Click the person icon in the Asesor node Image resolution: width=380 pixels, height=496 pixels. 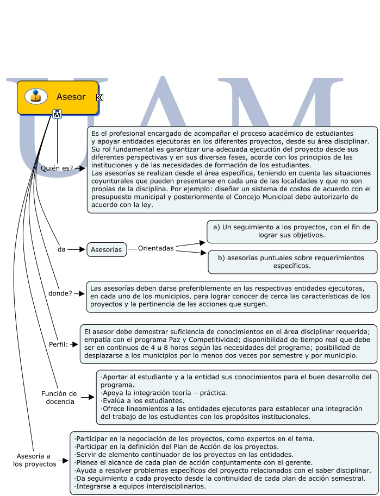pyautogui.click(x=36, y=96)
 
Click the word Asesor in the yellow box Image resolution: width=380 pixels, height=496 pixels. pyautogui.click(x=71, y=97)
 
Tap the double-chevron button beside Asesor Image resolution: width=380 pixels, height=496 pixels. pyautogui.click(x=100, y=97)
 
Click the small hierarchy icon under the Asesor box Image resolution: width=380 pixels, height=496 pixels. pyautogui.click(x=57, y=113)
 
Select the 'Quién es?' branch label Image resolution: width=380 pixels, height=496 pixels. pyautogui.click(x=57, y=168)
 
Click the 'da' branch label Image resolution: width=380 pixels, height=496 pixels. pyautogui.click(x=61, y=249)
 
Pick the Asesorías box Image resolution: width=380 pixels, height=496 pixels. pyautogui.click(x=107, y=249)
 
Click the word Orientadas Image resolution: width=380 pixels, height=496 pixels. pyautogui.click(x=155, y=248)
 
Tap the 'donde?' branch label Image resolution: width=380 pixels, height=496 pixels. pyautogui.click(x=60, y=293)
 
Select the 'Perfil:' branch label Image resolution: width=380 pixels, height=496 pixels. pyautogui.click(x=58, y=344)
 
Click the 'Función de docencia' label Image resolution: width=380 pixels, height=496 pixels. pyautogui.click(x=59, y=398)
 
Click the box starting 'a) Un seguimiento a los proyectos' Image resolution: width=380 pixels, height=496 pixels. pyautogui.click(x=292, y=231)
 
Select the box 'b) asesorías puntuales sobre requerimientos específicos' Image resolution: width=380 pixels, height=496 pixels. pyautogui.click(x=292, y=262)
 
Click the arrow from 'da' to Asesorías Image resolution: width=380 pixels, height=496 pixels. pyautogui.click(x=77, y=249)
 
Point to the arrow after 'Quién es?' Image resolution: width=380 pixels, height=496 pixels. pyautogui.click(x=79, y=168)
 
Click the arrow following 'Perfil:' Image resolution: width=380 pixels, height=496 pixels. pyautogui.click(x=73, y=344)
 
